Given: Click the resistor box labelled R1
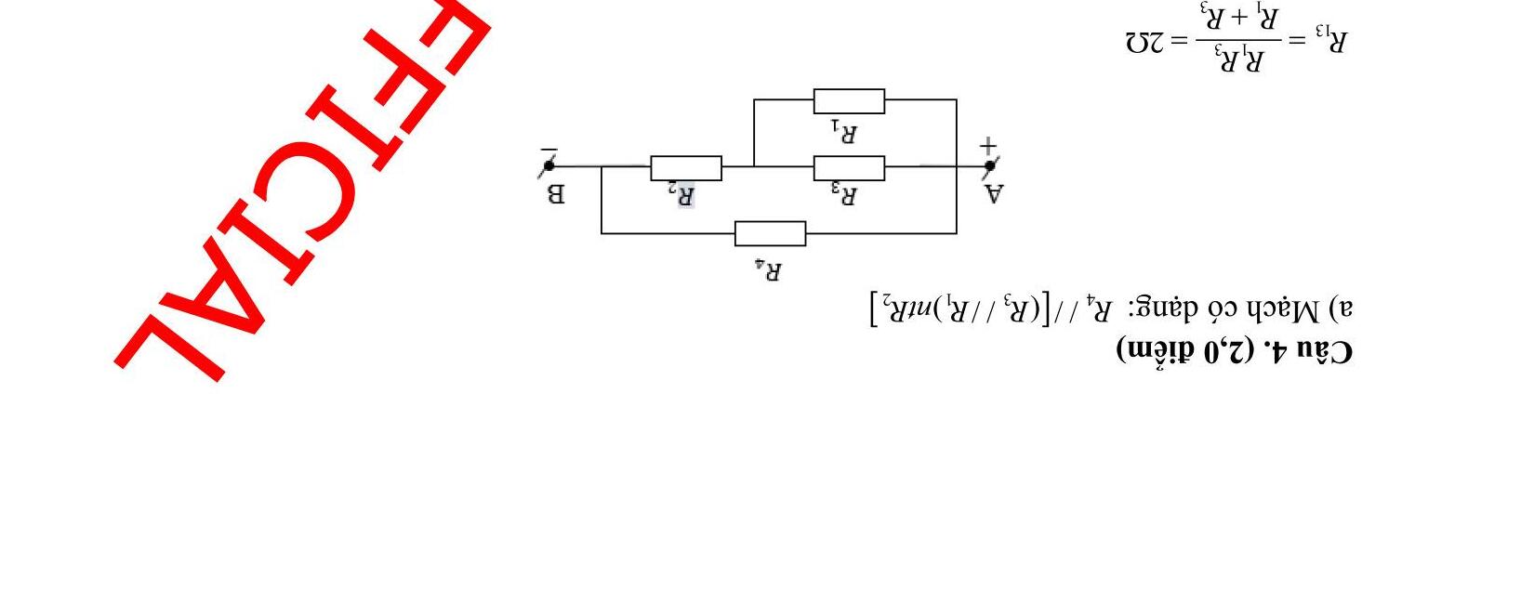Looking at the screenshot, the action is tap(849, 100).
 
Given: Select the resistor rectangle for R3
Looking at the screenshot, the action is tap(849, 168).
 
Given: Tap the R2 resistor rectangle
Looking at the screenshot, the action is tap(686, 168).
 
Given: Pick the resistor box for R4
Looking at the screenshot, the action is tap(770, 233).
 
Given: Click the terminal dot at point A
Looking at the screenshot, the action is tap(990, 166).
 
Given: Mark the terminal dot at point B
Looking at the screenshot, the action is tap(549, 166).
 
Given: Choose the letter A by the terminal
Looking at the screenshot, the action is tap(994, 193).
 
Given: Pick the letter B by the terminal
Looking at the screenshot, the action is tap(554, 194).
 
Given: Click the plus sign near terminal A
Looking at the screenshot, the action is tap(987, 145).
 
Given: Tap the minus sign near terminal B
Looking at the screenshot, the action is tap(549, 148).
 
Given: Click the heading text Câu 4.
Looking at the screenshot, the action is tap(1312, 350).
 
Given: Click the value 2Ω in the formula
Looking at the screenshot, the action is tap(1144, 43).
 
